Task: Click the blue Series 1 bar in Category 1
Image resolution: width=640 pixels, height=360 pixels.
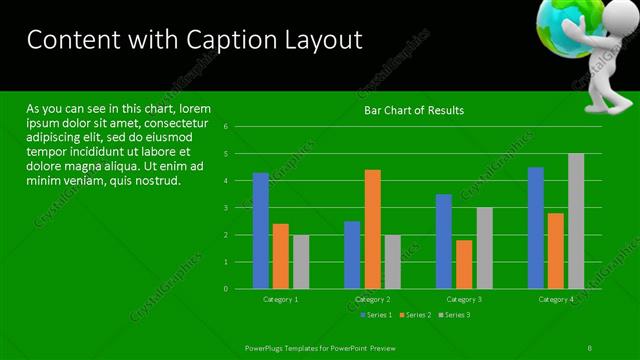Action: pyautogui.click(x=261, y=231)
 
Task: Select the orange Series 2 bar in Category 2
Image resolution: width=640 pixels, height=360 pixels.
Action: pyautogui.click(x=372, y=229)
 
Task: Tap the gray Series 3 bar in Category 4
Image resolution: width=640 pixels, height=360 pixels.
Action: pyautogui.click(x=576, y=221)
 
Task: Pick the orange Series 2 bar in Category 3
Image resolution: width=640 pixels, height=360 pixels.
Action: pyautogui.click(x=464, y=264)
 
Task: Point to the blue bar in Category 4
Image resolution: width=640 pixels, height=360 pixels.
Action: pyautogui.click(x=536, y=228)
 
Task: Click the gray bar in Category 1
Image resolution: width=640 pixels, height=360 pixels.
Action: pyautogui.click(x=301, y=262)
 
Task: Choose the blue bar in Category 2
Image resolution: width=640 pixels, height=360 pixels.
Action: pyautogui.click(x=352, y=255)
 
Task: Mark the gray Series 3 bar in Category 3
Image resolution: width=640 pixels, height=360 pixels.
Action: pyautogui.click(x=484, y=248)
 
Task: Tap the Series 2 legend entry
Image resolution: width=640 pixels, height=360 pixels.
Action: pyautogui.click(x=418, y=315)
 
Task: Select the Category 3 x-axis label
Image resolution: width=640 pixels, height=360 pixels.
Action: pyautogui.click(x=463, y=299)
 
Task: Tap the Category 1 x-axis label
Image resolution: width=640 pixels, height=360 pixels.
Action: pyautogui.click(x=281, y=299)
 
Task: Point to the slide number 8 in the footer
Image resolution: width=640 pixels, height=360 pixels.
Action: pyautogui.click(x=591, y=346)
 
